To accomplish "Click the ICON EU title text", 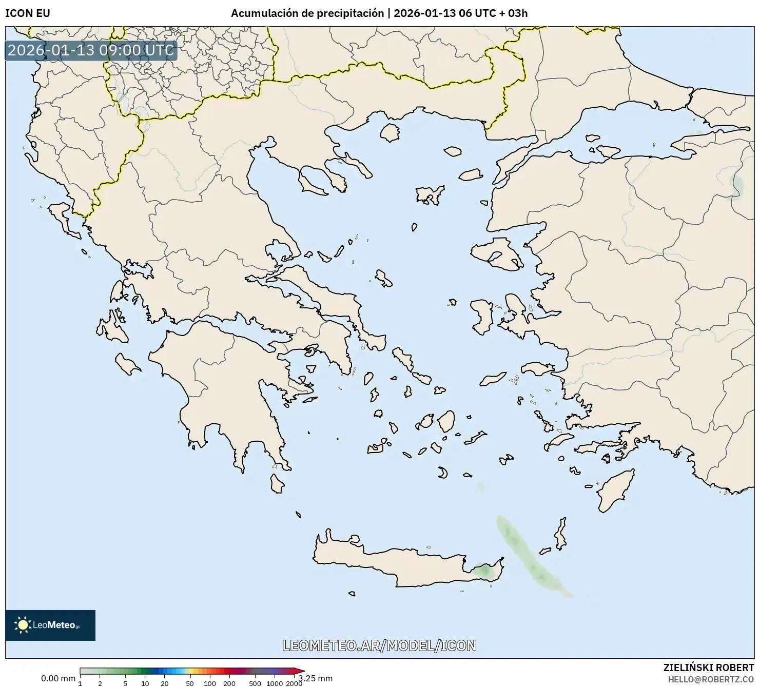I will (28, 13).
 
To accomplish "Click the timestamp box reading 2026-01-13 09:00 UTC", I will (91, 50).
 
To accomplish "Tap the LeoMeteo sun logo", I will (23, 624).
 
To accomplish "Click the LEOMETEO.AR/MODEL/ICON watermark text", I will (379, 645).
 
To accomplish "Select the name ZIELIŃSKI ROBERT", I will (708, 668).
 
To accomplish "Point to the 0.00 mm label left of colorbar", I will (58, 678).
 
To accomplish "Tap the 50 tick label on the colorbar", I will (190, 683).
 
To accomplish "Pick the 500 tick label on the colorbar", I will (255, 683).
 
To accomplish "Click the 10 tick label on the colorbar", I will (145, 683).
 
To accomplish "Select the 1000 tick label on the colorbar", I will (275, 683).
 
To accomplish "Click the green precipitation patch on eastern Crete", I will (482, 570).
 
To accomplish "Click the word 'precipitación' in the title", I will (350, 13).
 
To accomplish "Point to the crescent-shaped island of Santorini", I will (443, 473).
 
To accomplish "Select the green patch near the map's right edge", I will (738, 185).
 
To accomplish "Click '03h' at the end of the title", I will (517, 13).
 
